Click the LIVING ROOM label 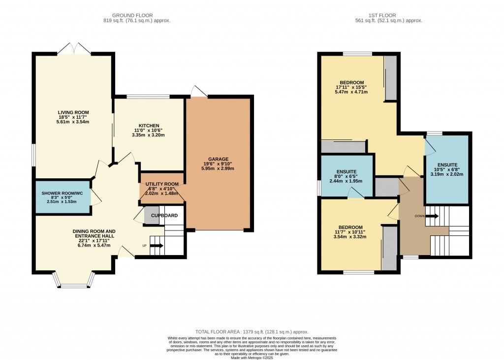point(73,112)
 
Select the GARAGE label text point(218,159)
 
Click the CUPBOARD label point(164,216)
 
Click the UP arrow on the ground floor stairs point(157,245)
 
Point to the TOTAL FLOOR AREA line point(252,332)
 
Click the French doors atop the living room point(74,49)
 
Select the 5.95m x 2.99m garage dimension point(218,168)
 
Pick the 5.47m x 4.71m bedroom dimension point(351,92)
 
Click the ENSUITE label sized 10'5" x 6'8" point(447,164)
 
